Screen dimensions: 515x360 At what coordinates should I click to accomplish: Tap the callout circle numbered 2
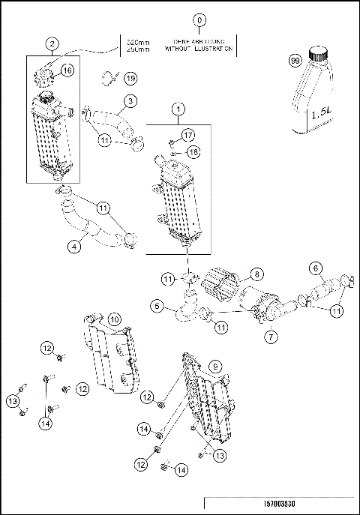51,43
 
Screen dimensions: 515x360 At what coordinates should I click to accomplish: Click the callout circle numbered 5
155,306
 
